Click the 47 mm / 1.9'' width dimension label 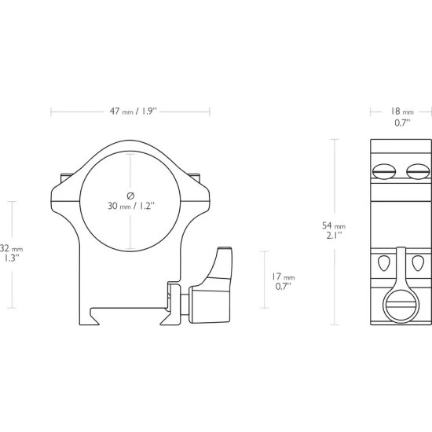click(133, 112)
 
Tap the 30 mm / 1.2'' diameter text click(131, 206)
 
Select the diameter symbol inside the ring click(130, 196)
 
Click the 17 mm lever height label click(284, 276)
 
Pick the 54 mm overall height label click(334, 225)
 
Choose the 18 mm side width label click(402, 112)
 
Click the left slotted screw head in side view click(384, 171)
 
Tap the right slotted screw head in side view click(418, 171)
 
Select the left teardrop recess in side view click(384, 263)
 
